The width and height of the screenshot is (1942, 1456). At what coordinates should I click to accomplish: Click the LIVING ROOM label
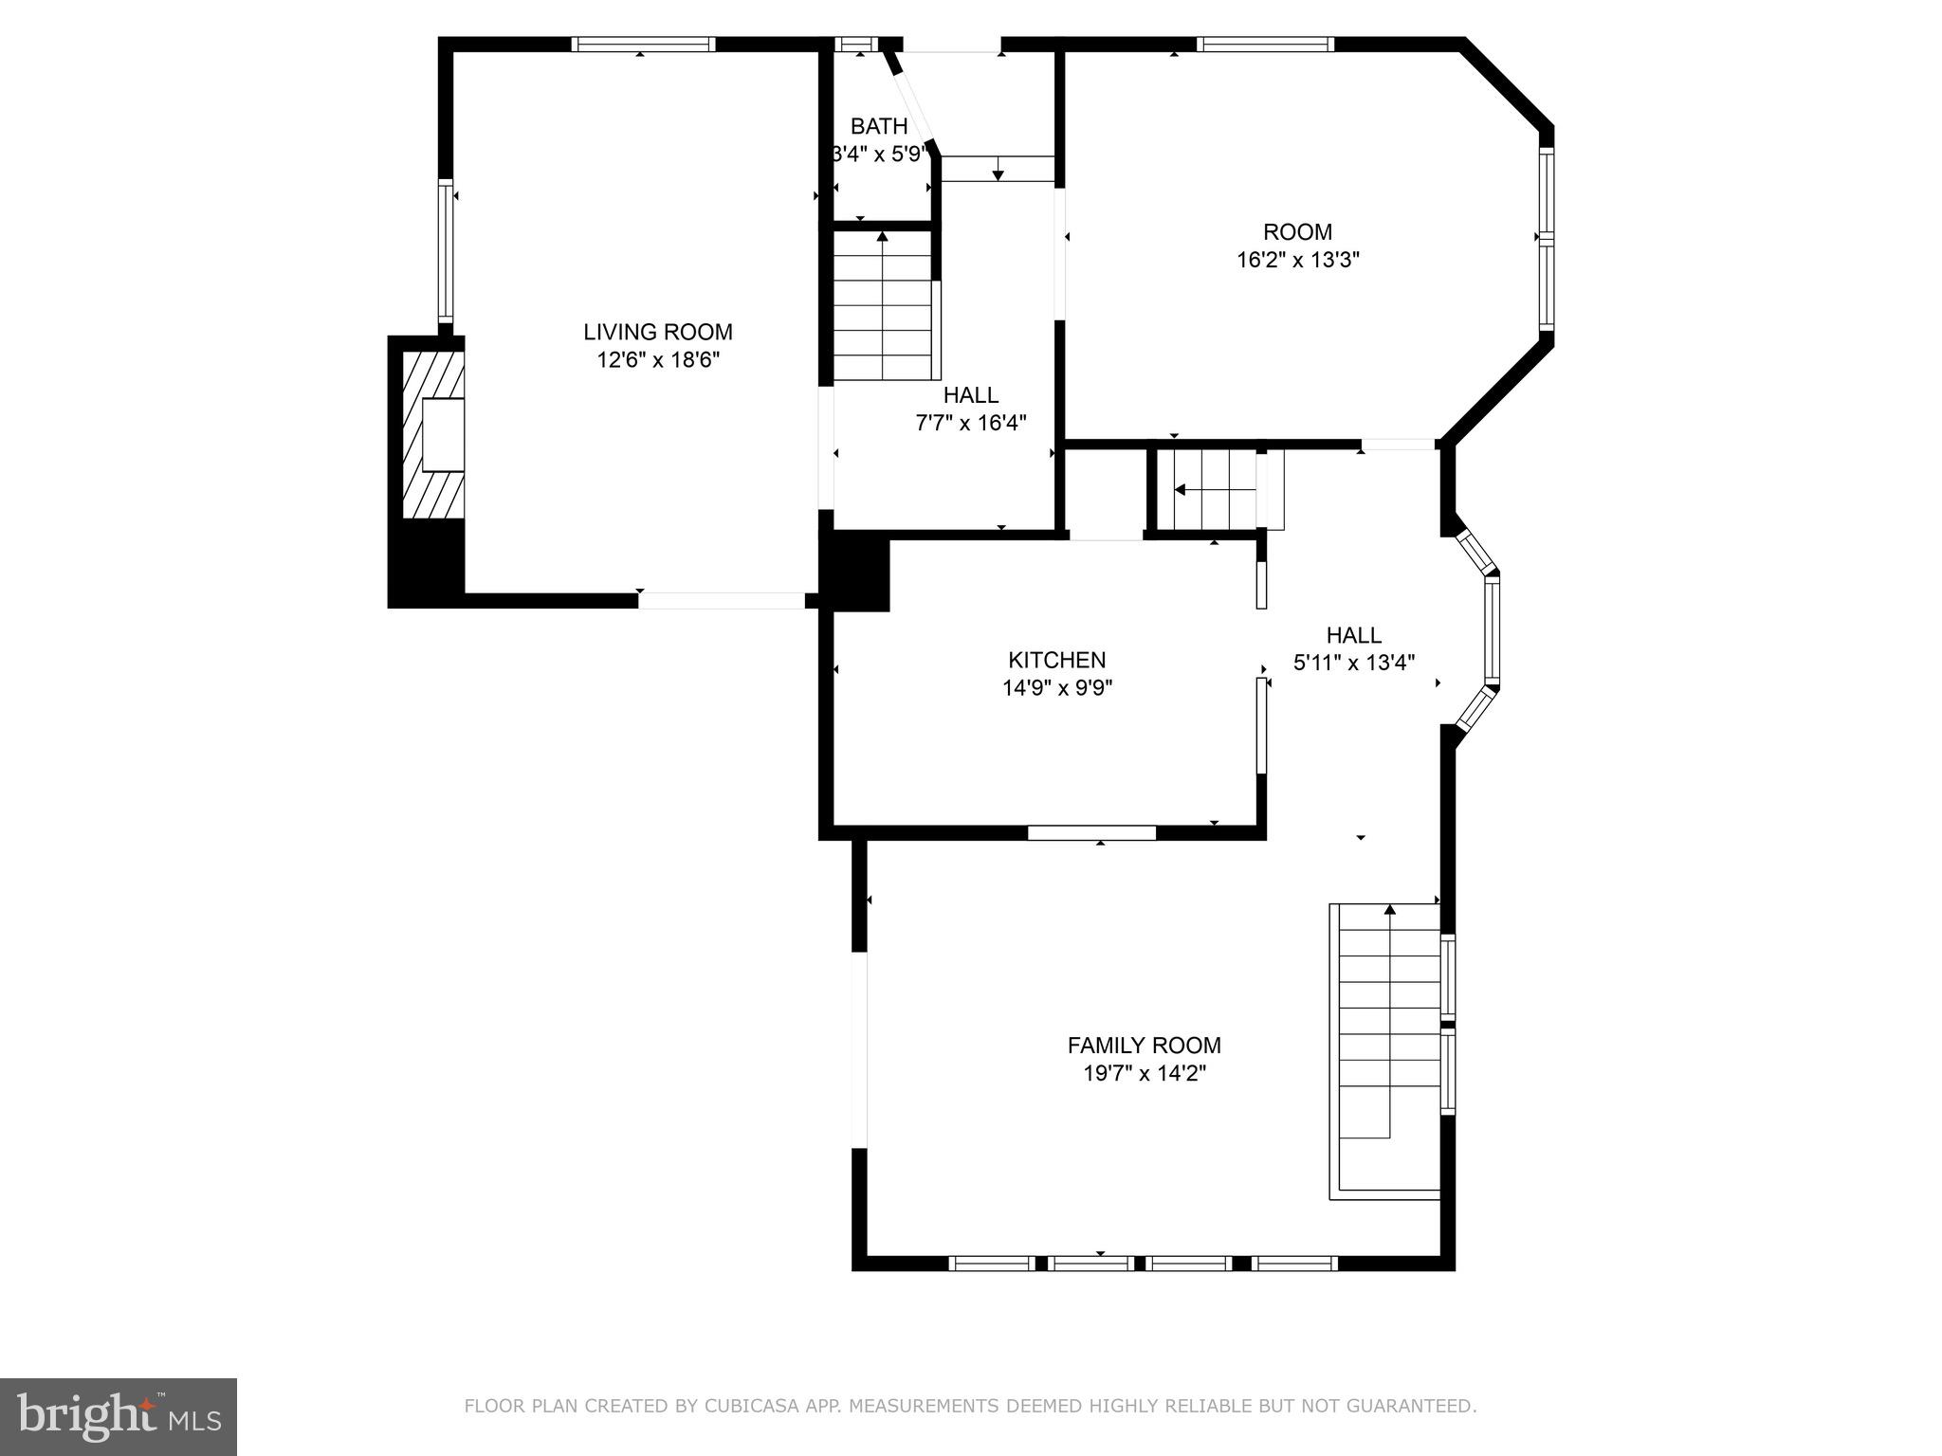click(657, 332)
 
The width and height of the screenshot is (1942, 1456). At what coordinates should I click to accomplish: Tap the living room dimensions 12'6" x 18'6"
click(657, 360)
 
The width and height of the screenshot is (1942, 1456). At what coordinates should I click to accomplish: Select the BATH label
click(878, 126)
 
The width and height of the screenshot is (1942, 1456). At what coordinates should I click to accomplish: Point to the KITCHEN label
click(1056, 660)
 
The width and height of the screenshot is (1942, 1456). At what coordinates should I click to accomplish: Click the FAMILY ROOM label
click(1144, 1045)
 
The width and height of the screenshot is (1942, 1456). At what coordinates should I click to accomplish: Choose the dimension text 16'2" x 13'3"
click(1297, 260)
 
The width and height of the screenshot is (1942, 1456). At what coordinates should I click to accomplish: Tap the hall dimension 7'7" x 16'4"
click(970, 423)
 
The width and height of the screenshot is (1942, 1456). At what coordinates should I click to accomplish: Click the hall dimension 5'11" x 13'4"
click(1353, 663)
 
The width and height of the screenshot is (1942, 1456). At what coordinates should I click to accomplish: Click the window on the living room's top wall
click(643, 44)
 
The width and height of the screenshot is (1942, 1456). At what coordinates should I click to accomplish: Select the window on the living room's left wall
click(444, 250)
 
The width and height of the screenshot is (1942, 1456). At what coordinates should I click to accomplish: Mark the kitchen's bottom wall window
click(1091, 832)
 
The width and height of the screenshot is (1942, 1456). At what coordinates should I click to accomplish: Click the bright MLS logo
click(118, 1417)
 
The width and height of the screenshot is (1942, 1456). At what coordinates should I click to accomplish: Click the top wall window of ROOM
click(1265, 44)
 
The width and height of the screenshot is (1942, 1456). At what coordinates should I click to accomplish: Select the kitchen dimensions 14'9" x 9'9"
click(1056, 688)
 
